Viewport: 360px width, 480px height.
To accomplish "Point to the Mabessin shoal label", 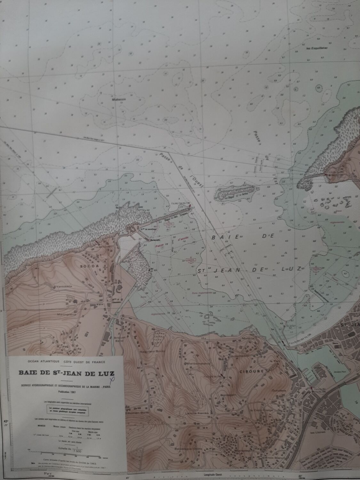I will coord(118,100).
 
